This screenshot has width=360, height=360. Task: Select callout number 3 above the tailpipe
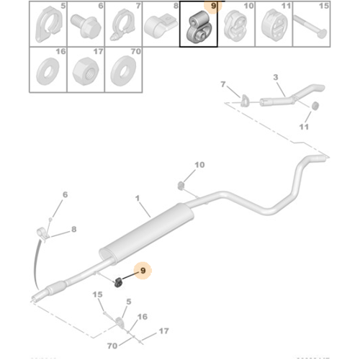[x=275, y=78]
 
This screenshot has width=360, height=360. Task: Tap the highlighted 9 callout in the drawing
[x=143, y=271]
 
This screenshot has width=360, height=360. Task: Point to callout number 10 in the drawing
[x=199, y=165]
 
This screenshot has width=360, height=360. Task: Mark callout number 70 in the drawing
[x=112, y=346]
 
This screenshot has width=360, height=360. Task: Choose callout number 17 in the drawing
[x=163, y=331]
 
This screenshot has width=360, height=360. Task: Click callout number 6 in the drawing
[x=64, y=194]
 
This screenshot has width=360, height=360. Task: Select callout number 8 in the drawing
[x=74, y=230]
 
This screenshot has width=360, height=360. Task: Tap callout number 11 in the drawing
[x=304, y=127]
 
